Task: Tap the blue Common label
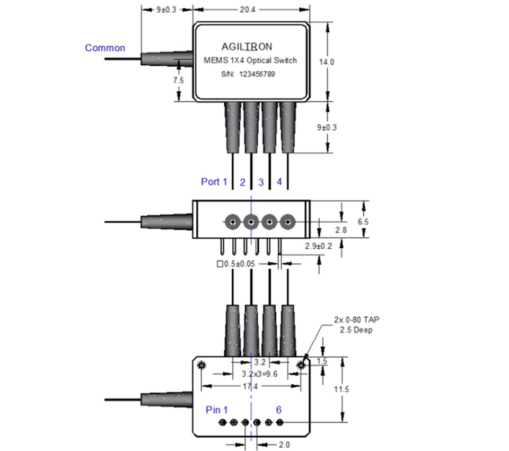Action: [x=105, y=48]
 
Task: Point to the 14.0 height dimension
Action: [x=327, y=62]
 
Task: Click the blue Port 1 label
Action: [x=214, y=182]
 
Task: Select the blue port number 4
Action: [x=279, y=182]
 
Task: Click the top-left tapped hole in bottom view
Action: [x=201, y=365]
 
